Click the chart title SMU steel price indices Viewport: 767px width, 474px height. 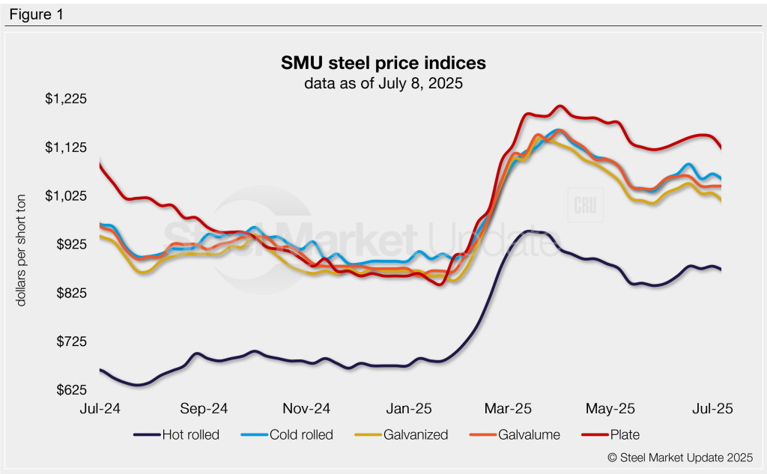pyautogui.click(x=383, y=62)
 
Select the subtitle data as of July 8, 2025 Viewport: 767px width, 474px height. pyautogui.click(x=383, y=83)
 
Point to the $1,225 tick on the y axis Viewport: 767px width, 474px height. pyautogui.click(x=67, y=99)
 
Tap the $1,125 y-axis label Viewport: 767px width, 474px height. pyautogui.click(x=67, y=148)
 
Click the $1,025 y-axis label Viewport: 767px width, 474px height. pyautogui.click(x=67, y=196)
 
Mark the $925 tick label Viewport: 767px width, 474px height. pyautogui.click(x=70, y=245)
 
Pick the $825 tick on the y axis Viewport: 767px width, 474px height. pyautogui.click(x=70, y=294)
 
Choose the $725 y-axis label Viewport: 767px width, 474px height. pyautogui.click(x=70, y=342)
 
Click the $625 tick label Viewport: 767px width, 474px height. pyautogui.click(x=70, y=391)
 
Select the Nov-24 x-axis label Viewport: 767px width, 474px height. pyautogui.click(x=306, y=409)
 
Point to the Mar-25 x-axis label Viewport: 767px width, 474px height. pyautogui.click(x=509, y=409)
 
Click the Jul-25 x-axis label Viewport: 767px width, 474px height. pyautogui.click(x=711, y=409)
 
